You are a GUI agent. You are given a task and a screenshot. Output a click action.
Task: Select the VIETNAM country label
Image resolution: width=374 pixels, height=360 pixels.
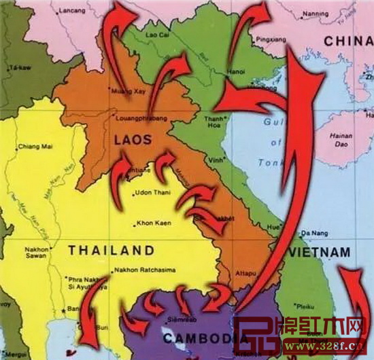click(x=320, y=252)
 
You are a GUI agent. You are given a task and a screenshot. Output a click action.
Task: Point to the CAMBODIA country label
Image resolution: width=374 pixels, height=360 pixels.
click(x=197, y=338)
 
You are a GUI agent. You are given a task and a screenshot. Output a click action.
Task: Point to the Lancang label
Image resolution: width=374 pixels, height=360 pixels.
click(x=70, y=12)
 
